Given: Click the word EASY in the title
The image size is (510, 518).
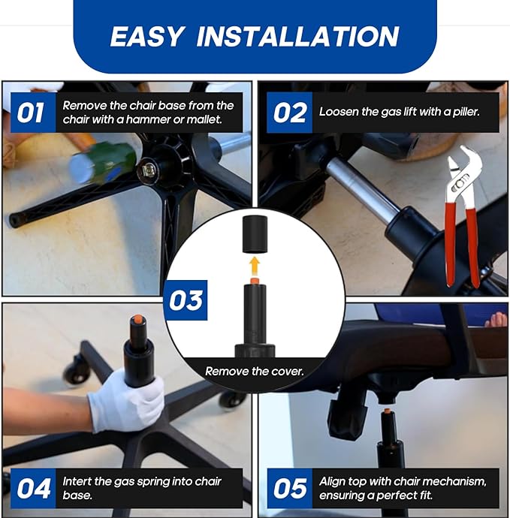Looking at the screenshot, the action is pos(146,36).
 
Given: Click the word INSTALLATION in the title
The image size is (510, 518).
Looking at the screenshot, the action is pos(297,36).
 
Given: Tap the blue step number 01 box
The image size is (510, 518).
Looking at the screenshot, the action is pos(33,113).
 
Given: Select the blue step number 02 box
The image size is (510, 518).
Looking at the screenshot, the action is pos(289,113).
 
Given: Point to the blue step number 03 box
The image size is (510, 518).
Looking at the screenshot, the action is pos(186,300).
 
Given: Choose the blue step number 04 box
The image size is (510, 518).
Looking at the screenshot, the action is pos(33,488).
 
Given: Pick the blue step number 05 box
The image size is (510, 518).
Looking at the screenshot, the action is pos(289,488).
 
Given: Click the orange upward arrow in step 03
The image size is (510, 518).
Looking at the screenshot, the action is pos(254,267).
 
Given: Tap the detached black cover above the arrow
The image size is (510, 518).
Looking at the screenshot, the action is pos(254,234).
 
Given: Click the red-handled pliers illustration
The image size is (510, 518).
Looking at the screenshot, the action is pos(460,216).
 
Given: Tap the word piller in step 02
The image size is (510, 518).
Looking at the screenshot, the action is pos(466,112).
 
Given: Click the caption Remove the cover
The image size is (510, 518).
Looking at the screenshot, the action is pos(254,372).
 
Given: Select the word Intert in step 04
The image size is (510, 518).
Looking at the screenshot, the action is pos(77,481).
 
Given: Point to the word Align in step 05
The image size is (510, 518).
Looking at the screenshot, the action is pos(332,482).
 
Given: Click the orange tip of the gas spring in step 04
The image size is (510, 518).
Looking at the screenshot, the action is pos(138,320).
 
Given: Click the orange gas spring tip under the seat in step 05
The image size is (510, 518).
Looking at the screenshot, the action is pos(386,411).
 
